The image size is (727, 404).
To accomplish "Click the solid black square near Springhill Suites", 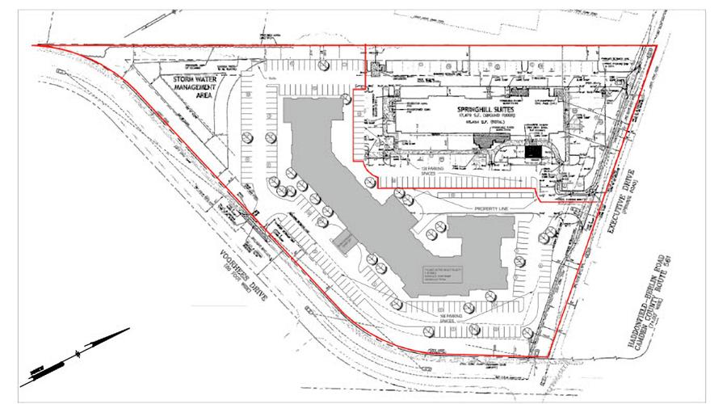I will pos(533,151).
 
